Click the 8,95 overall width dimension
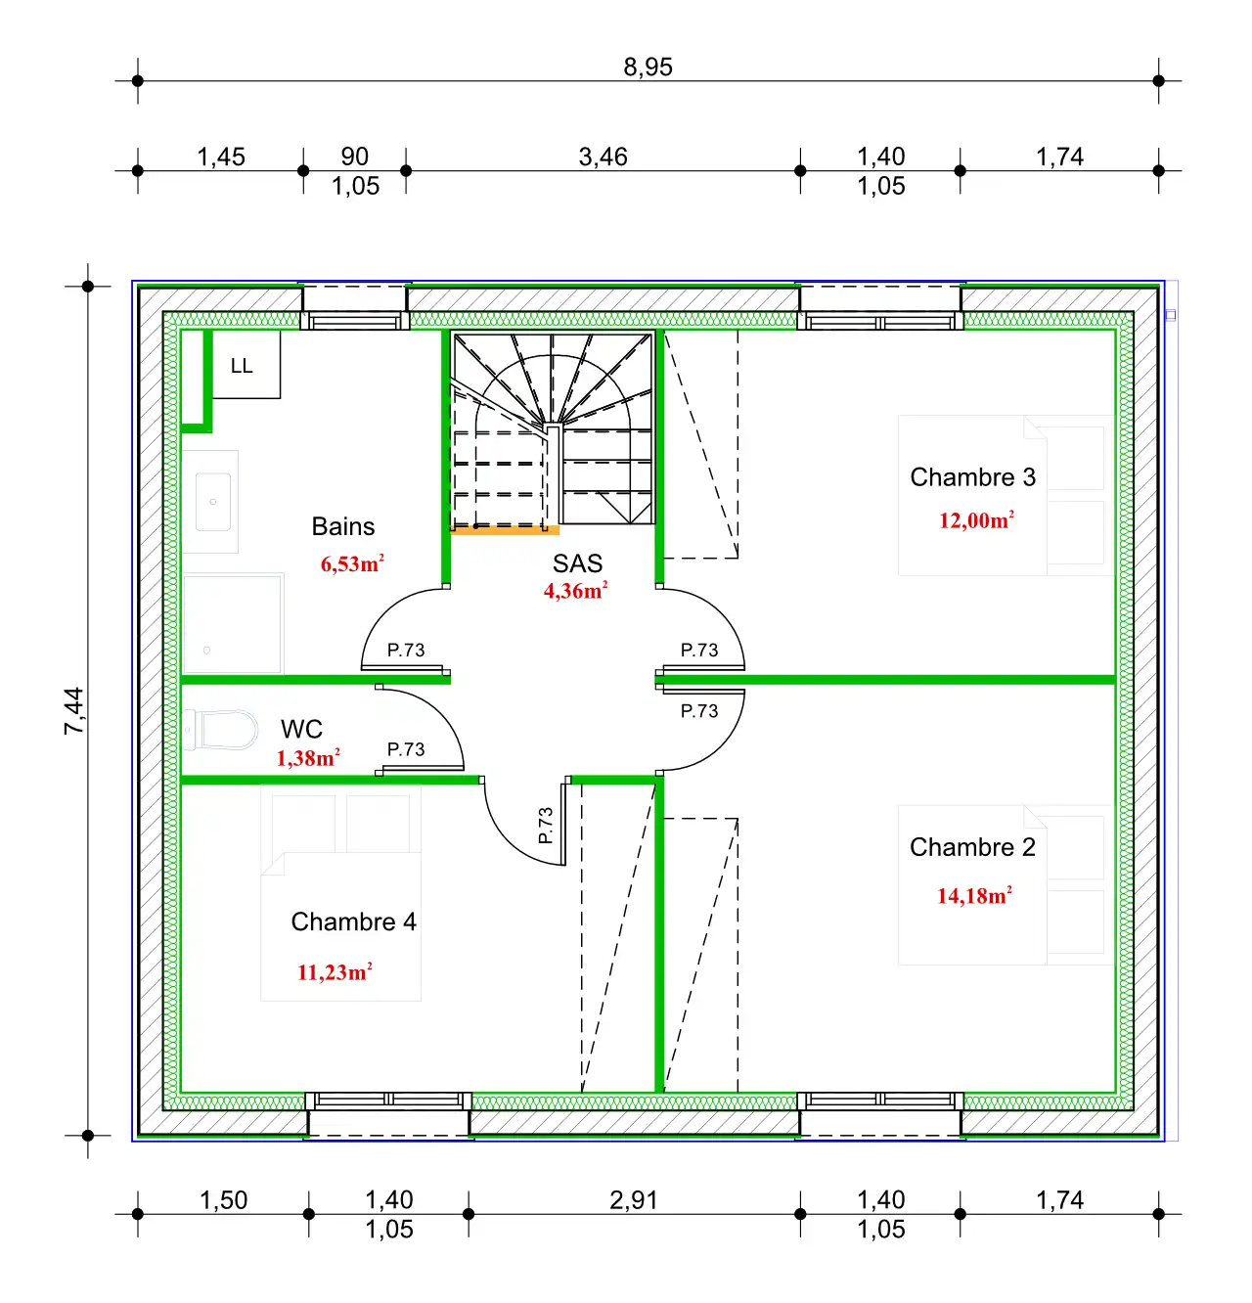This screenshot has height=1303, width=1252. [x=648, y=67]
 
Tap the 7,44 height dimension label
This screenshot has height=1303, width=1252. [x=74, y=711]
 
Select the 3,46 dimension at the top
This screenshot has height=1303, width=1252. [x=603, y=157]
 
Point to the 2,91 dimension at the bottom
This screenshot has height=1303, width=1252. [x=633, y=1200]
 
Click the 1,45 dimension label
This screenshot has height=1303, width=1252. [x=221, y=157]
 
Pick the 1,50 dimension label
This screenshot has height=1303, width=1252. [x=223, y=1200]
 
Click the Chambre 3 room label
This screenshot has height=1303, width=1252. [x=972, y=477]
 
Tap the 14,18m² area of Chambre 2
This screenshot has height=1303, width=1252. [x=974, y=896]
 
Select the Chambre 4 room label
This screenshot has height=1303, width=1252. [x=353, y=922]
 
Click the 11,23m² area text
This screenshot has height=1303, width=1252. [x=335, y=972]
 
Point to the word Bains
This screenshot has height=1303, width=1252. [x=343, y=527]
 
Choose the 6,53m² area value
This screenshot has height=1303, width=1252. [x=352, y=564]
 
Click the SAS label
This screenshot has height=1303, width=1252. [x=577, y=564]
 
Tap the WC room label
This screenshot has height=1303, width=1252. [x=301, y=730]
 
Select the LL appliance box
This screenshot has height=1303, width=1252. [x=246, y=365]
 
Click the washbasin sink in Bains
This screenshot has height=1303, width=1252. [x=213, y=502]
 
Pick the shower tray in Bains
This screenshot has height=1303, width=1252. [x=233, y=623]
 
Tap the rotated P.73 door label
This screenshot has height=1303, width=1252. [x=546, y=826]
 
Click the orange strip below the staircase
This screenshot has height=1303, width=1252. [x=505, y=531]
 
